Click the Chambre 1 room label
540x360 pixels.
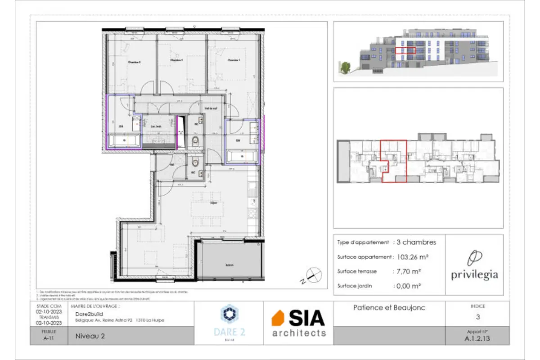coord(233,60)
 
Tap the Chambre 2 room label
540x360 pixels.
coord(176,60)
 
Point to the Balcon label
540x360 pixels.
coord(229,265)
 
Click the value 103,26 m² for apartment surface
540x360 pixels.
coord(412,257)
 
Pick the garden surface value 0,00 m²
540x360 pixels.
coord(408,286)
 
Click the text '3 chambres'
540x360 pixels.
coord(416,242)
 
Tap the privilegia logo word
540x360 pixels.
coord(474,274)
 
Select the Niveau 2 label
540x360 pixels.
coord(88,335)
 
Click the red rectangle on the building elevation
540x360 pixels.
coord(405,50)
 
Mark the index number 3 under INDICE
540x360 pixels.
coord(477,317)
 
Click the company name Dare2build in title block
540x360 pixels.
coord(87,314)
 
